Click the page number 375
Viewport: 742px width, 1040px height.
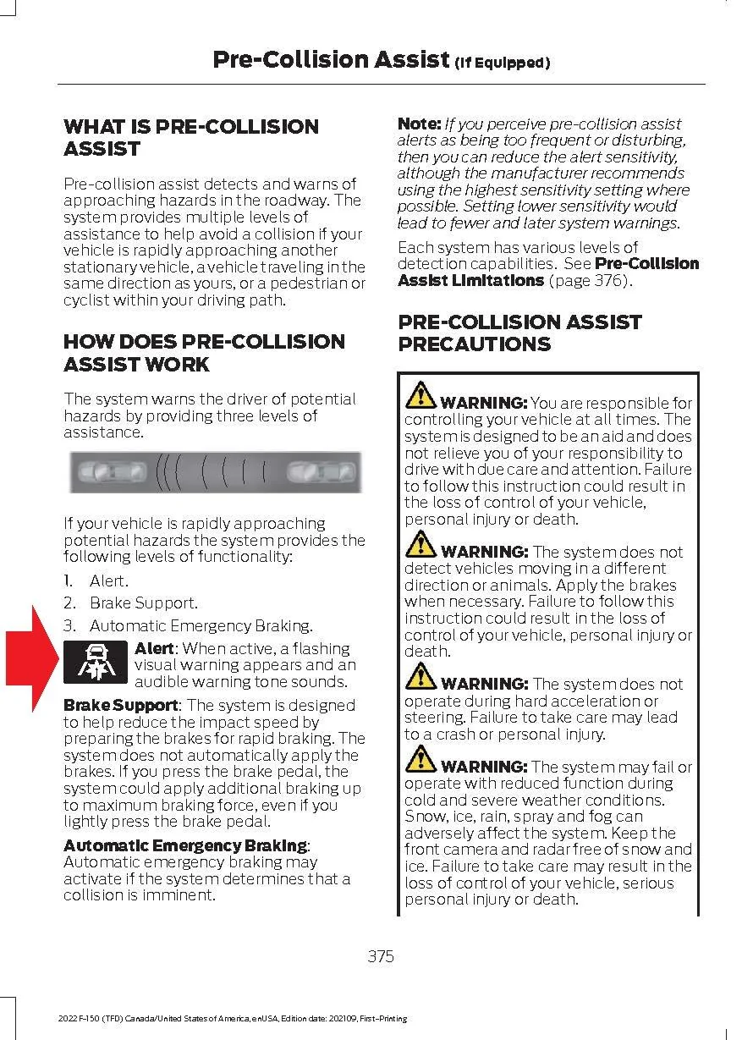coord(381,956)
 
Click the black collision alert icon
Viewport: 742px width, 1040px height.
coord(96,663)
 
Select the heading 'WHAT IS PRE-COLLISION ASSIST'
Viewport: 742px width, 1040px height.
coord(191,138)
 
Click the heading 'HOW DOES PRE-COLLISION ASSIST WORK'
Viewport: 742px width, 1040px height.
coord(204,353)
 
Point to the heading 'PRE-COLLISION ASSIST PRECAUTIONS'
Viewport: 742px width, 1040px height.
coord(519,333)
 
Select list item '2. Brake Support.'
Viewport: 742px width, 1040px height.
coord(130,603)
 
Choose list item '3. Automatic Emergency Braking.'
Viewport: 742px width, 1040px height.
coord(188,626)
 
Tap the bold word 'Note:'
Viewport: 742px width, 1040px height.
coord(419,124)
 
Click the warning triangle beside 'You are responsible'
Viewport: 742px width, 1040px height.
coord(420,396)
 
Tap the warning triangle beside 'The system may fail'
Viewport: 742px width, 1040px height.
coord(420,760)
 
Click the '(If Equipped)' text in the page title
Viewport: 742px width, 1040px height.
coord(503,63)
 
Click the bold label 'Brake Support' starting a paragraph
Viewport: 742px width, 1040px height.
coord(120,705)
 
